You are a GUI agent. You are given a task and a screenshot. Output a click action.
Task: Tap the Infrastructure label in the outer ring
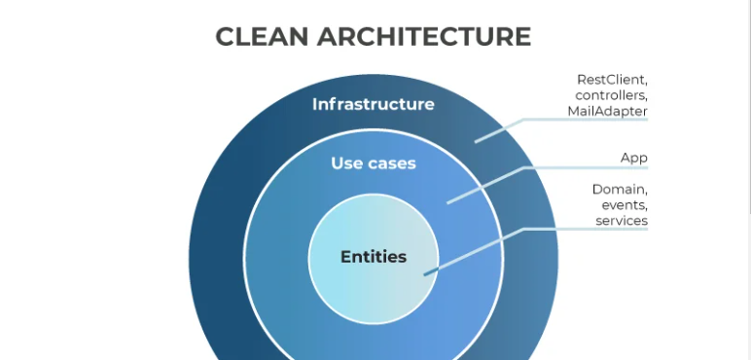(373, 104)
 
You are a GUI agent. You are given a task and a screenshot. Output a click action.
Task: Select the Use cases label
(373, 163)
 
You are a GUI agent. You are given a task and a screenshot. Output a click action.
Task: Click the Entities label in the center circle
(373, 257)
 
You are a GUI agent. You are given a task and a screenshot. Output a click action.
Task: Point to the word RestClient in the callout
(612, 79)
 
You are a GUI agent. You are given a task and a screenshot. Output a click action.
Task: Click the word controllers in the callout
(611, 95)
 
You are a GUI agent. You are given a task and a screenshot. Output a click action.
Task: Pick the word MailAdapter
(608, 111)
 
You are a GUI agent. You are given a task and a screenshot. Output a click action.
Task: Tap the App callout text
(633, 158)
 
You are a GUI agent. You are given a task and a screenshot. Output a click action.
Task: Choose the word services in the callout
(622, 221)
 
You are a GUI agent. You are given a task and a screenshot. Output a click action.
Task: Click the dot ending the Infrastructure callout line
(477, 140)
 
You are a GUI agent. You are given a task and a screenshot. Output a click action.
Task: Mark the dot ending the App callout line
(448, 201)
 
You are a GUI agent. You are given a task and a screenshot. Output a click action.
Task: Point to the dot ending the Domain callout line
(425, 274)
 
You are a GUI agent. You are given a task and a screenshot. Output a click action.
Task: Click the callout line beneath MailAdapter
(584, 121)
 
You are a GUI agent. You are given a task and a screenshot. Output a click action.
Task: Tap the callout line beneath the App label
(584, 168)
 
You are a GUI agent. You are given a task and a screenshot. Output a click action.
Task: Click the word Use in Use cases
(347, 163)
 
